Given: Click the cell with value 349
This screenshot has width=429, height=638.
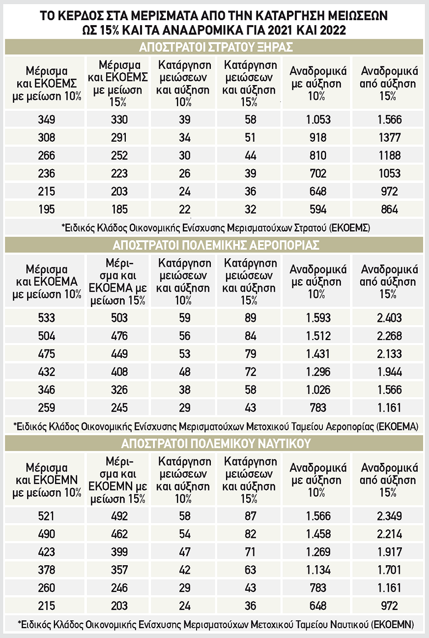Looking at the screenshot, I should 46,119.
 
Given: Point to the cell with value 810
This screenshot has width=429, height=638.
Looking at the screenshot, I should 318,155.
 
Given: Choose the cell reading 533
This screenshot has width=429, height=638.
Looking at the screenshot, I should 46,318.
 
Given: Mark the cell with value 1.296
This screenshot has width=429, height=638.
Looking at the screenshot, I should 318,372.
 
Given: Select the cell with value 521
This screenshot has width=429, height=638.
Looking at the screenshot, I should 46,516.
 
